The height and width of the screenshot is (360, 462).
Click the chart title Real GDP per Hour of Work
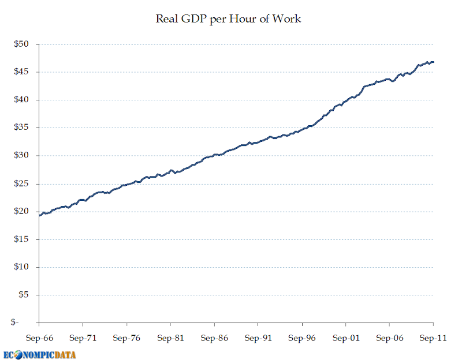click(x=228, y=19)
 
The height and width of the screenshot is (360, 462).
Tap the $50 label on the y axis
click(x=21, y=44)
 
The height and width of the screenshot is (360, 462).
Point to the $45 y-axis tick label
click(x=21, y=72)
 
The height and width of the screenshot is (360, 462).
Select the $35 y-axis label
click(x=21, y=127)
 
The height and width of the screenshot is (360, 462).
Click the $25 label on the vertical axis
click(x=21, y=183)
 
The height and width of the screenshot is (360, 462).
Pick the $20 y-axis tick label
click(x=21, y=211)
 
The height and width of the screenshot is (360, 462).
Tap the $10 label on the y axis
click(x=21, y=267)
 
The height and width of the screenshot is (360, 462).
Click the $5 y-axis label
click(x=24, y=295)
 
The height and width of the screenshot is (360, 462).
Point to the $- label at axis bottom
click(x=14, y=322)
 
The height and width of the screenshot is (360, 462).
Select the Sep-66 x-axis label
click(x=39, y=338)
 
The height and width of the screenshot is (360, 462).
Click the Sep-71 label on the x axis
click(x=83, y=338)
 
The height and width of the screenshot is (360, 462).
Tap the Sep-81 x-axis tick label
click(x=170, y=338)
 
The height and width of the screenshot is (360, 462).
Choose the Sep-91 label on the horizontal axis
click(x=258, y=338)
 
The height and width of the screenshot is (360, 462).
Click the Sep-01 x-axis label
click(x=346, y=338)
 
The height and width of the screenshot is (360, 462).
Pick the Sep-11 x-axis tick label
click(x=433, y=338)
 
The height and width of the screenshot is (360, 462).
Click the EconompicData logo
click(x=39, y=355)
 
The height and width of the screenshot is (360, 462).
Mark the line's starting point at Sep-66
click(x=39, y=215)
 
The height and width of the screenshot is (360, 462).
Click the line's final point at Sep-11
click(x=434, y=62)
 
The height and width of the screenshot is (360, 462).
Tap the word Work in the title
click(x=286, y=19)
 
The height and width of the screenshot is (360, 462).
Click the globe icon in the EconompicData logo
click(x=18, y=355)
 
